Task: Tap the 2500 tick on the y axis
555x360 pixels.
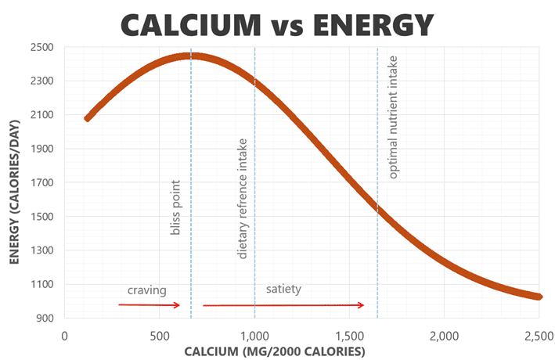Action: point(41,47)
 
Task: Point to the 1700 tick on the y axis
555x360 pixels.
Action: point(41,182)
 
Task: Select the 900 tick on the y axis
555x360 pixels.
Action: point(44,318)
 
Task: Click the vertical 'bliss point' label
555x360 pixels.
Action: point(175,207)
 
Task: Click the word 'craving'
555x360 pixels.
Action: point(148,290)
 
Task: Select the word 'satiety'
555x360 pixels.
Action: point(283,289)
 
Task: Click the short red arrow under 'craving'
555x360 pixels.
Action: point(150,304)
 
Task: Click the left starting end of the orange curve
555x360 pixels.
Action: point(88,118)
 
